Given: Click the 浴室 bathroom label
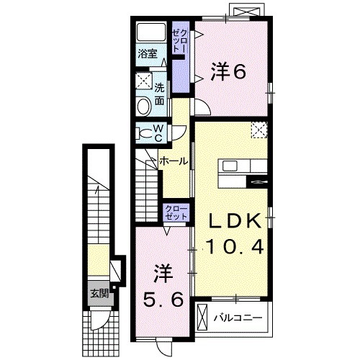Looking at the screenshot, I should (148, 53).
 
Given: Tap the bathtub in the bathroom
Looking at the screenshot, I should (151, 32).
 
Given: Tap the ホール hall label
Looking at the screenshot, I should (174, 161).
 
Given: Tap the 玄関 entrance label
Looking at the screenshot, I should (99, 293).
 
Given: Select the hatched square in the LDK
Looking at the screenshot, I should (258, 129).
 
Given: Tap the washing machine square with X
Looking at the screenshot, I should (144, 81).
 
